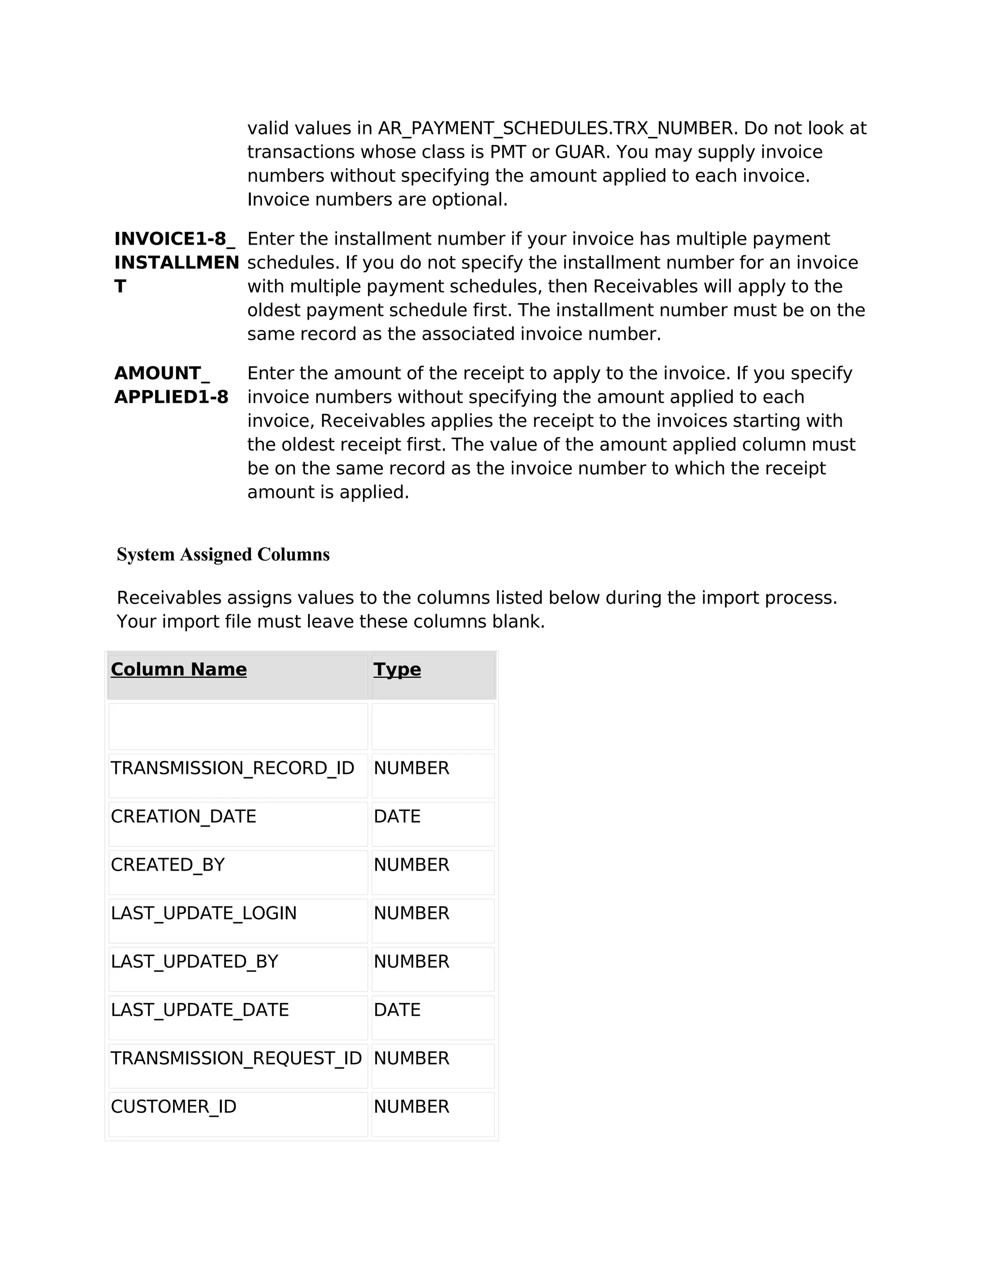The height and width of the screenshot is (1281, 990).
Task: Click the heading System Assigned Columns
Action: tap(223, 554)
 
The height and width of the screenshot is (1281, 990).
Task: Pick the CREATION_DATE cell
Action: tap(184, 816)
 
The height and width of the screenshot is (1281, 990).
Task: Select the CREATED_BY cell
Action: tap(168, 865)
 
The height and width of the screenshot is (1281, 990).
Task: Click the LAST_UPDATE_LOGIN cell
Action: tap(204, 913)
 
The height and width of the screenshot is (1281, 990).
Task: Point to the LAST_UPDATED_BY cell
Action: tap(194, 961)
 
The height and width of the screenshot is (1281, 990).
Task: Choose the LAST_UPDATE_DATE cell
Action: tap(200, 1010)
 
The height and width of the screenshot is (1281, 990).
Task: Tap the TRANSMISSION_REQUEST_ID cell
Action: tap(236, 1058)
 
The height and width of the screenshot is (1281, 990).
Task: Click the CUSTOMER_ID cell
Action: tap(174, 1107)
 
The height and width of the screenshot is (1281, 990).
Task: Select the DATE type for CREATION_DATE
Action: tap(397, 816)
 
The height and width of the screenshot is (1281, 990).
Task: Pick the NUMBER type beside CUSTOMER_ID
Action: tap(411, 1107)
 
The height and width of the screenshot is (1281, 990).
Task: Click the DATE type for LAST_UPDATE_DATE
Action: tap(397, 1010)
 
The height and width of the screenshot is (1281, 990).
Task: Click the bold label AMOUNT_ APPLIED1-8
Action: tap(171, 385)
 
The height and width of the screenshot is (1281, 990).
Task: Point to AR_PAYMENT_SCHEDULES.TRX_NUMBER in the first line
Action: tap(555, 129)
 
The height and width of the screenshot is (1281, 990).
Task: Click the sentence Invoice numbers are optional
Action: tap(377, 200)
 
